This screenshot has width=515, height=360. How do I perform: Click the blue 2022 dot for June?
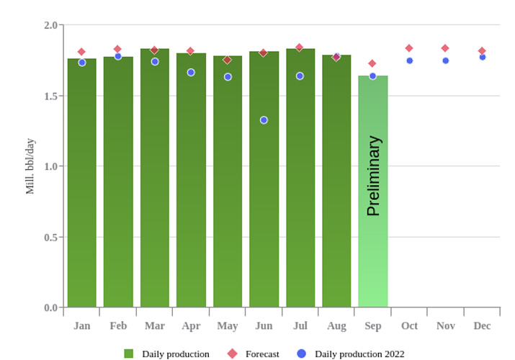click(264, 120)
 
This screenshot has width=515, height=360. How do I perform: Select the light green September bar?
click(372, 216)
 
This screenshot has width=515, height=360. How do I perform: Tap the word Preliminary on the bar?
click(373, 176)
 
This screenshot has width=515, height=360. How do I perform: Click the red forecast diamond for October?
click(409, 48)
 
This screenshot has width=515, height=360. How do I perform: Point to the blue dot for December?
click(483, 57)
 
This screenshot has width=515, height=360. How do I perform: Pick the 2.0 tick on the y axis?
click(50, 25)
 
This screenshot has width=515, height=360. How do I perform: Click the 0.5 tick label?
click(50, 237)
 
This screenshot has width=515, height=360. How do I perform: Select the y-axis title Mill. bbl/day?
click(30, 166)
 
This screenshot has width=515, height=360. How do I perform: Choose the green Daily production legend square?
click(129, 354)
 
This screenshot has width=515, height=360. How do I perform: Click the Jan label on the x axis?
click(81, 326)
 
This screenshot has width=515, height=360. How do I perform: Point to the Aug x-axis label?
click(336, 326)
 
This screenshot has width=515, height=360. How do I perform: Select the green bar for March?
click(154, 180)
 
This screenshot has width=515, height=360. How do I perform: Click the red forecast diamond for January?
click(81, 52)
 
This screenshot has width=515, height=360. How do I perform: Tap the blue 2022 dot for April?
click(191, 72)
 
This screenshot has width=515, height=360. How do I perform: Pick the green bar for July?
click(300, 180)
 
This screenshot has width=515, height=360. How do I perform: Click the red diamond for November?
click(445, 48)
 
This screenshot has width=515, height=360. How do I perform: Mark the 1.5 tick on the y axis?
click(50, 96)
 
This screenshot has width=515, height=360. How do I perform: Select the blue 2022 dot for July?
click(300, 76)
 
